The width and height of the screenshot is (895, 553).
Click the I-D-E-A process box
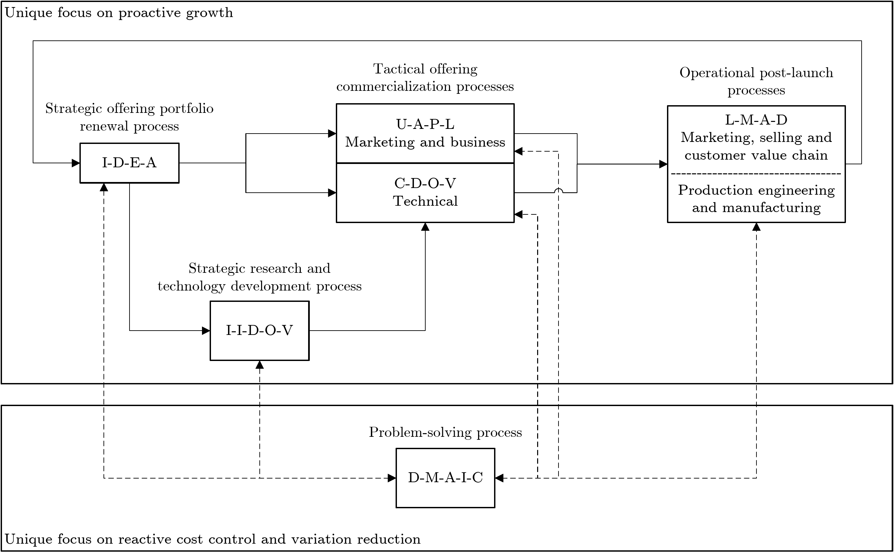tap(130, 163)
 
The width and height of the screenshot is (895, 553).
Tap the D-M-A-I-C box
tap(445, 478)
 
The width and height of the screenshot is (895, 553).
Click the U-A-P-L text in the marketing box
tap(425, 125)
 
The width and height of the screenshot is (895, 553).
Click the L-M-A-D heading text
tap(756, 120)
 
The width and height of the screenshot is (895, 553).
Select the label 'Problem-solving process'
tap(445, 432)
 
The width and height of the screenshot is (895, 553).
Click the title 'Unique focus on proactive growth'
tap(119, 13)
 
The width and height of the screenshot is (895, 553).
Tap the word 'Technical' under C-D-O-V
tap(425, 201)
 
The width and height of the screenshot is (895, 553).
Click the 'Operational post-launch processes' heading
tap(756, 81)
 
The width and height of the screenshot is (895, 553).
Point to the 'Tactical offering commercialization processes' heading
tap(425, 77)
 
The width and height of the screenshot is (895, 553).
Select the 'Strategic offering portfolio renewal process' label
tap(130, 117)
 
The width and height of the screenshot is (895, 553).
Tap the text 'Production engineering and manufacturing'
tap(756, 199)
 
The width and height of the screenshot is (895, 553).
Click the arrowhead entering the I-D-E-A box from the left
tap(76, 163)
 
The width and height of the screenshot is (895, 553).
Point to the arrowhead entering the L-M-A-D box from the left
tap(663, 164)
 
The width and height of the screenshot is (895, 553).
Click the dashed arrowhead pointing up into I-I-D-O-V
tap(260, 365)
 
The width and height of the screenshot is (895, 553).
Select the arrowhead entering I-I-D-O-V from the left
tap(206, 331)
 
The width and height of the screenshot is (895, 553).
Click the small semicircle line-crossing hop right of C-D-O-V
tap(558, 190)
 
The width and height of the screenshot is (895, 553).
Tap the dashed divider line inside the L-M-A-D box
tap(756, 174)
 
